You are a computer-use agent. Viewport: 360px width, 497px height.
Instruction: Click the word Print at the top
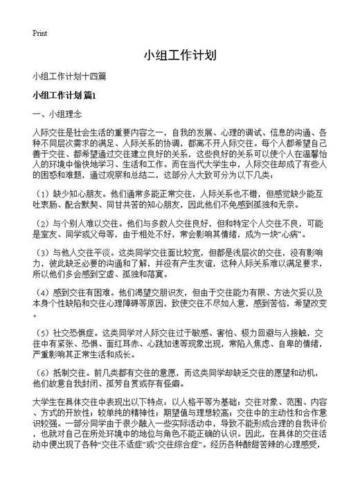(39, 33)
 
